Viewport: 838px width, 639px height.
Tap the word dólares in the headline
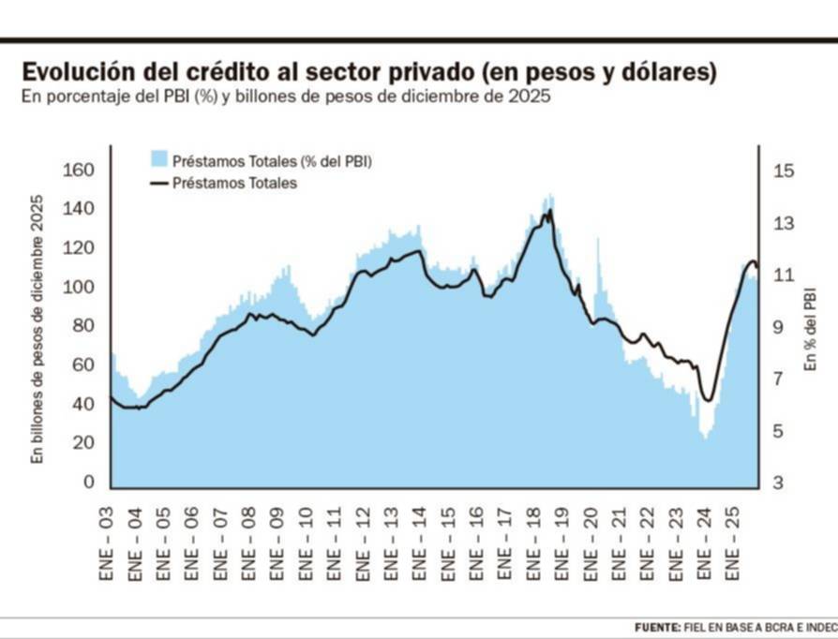(x=668, y=73)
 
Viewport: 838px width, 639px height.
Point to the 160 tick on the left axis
(x=79, y=170)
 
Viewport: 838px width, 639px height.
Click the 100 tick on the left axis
(x=79, y=287)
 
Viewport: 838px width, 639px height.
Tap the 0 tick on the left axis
(x=89, y=482)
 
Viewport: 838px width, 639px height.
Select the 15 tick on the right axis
(x=783, y=170)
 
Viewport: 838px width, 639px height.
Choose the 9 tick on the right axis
(x=783, y=327)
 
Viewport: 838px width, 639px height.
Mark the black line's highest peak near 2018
(x=549, y=210)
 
